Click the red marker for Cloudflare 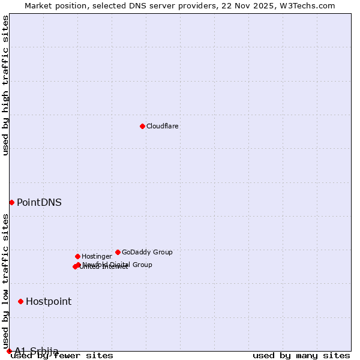coord(142,126)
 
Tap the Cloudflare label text coord(163,126)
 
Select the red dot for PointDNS coord(11,202)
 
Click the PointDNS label coord(39,203)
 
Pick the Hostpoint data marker coord(20,301)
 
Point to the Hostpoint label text coord(49,302)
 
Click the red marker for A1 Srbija coord(9,351)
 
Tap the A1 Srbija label coord(37,351)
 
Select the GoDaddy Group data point coord(118,252)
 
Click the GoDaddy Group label coord(147,252)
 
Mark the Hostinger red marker coord(77,256)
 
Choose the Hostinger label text coord(97,256)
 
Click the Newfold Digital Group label coord(118,265)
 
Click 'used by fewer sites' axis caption coord(62,356)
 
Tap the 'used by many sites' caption coord(301,356)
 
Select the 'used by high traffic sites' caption coord(6,85)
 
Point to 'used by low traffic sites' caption coord(6,277)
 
